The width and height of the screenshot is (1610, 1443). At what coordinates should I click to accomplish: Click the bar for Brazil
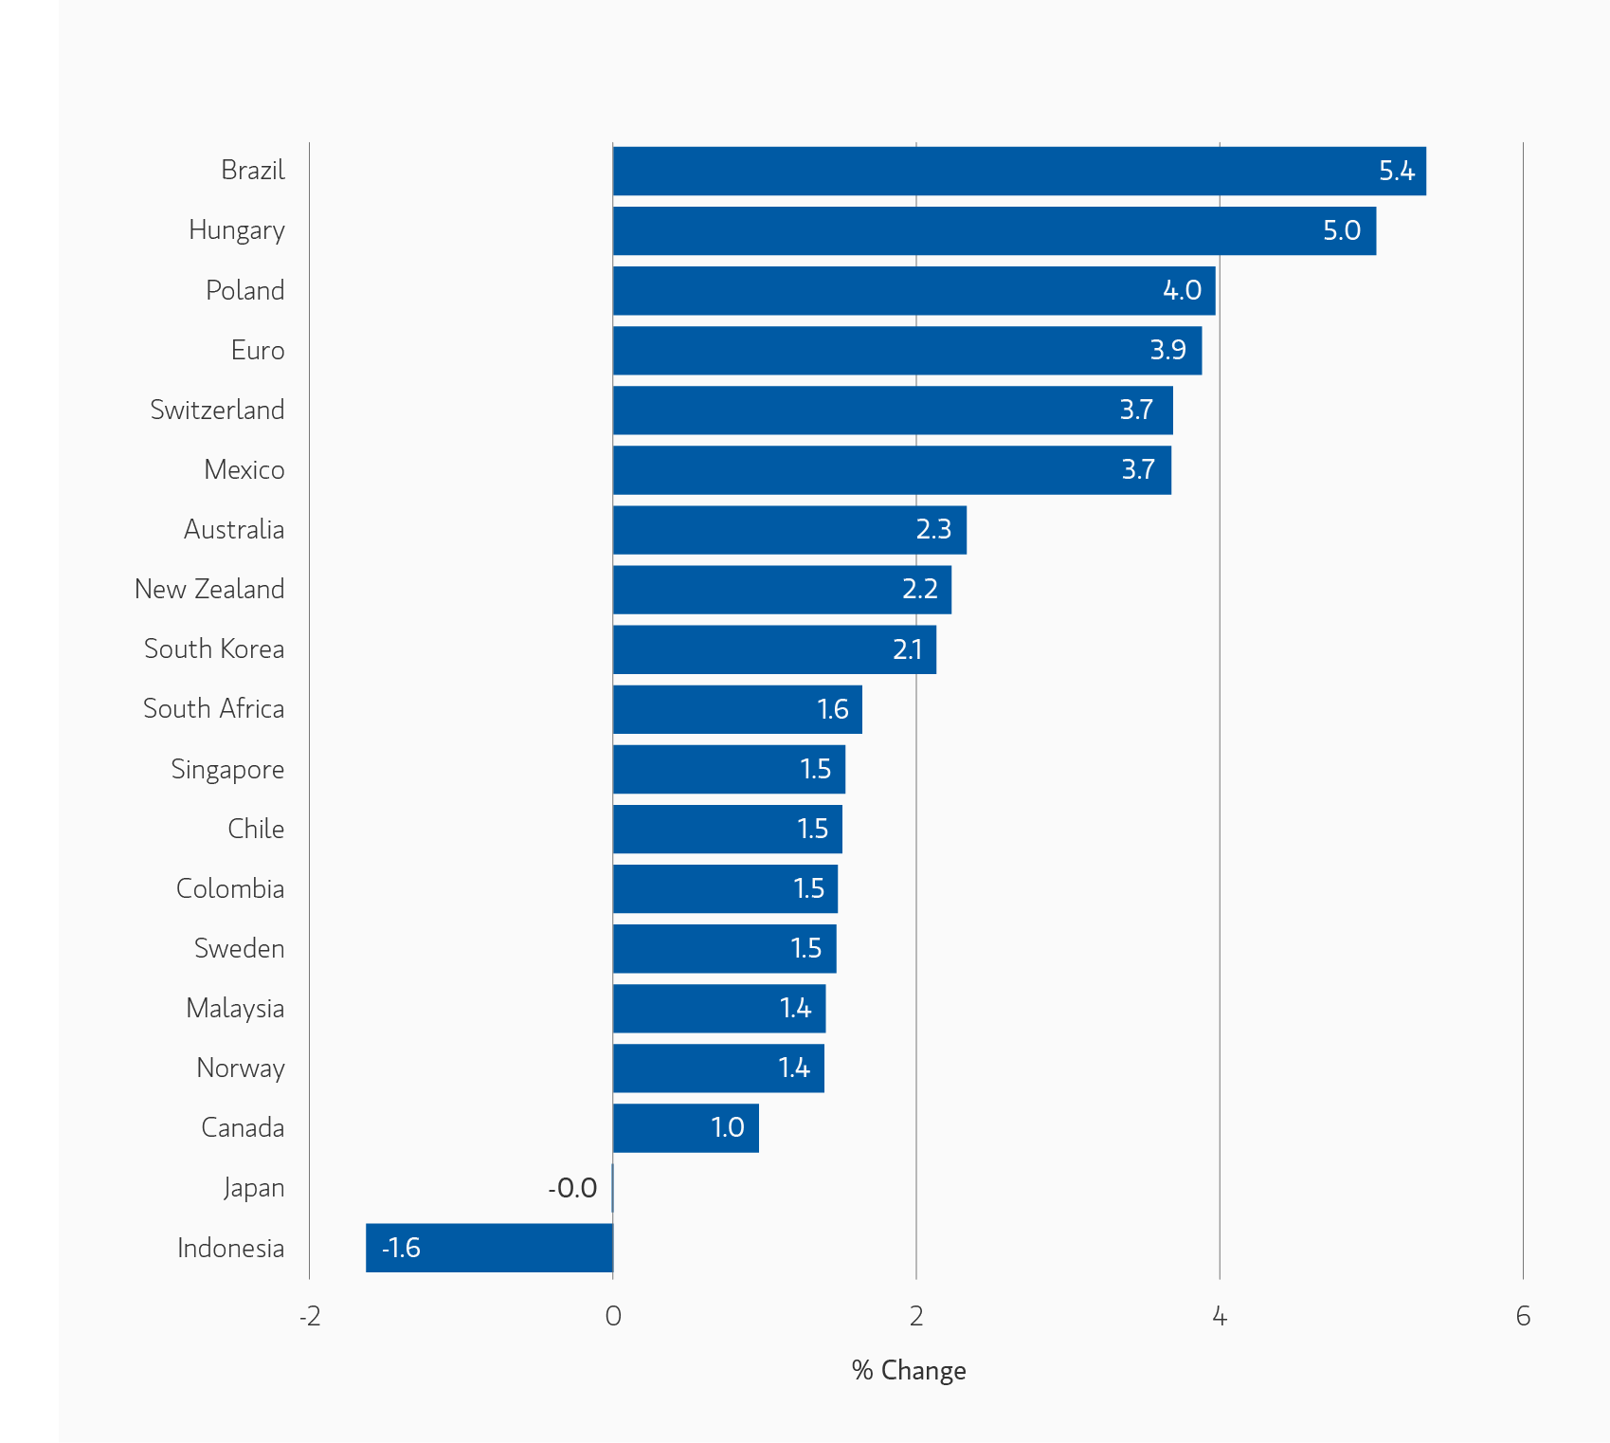click(1019, 171)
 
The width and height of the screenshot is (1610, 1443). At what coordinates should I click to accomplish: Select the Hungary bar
click(994, 230)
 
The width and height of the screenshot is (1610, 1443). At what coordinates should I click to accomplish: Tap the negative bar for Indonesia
click(489, 1248)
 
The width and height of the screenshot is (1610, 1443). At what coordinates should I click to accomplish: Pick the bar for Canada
click(685, 1128)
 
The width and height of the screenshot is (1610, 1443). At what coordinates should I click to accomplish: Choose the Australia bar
click(789, 530)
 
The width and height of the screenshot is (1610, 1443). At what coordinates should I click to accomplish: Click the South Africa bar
click(737, 709)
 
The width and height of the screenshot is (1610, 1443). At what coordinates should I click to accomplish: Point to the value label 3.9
click(1167, 350)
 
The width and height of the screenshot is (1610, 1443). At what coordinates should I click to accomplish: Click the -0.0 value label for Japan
click(572, 1188)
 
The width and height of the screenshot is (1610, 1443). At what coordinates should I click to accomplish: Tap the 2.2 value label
click(919, 590)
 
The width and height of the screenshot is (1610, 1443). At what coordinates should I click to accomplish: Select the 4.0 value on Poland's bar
click(1182, 290)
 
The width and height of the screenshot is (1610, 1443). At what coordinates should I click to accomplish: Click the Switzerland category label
click(217, 410)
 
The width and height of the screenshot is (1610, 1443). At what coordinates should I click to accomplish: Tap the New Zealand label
click(209, 589)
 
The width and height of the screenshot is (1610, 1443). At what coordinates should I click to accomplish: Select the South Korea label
click(214, 648)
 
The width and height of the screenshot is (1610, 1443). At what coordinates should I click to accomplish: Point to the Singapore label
click(227, 769)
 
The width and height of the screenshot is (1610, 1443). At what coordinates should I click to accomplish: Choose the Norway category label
click(241, 1069)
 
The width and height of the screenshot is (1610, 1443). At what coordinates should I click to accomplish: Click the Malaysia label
click(235, 1008)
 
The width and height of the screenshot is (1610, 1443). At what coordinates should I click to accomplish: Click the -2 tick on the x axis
click(310, 1316)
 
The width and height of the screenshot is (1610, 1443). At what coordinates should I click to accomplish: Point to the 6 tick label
click(1523, 1316)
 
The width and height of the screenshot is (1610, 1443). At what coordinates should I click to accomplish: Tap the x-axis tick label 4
click(1220, 1316)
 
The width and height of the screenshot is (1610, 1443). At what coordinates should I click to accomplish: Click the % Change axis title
click(909, 1370)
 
